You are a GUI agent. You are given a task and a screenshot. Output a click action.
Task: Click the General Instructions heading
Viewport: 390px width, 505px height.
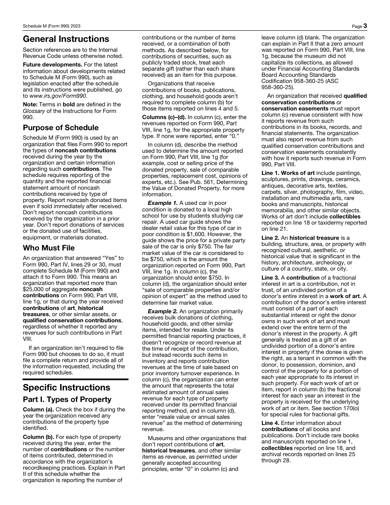(66, 39)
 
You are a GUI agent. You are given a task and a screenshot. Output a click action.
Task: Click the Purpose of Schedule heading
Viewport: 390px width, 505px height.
(61, 127)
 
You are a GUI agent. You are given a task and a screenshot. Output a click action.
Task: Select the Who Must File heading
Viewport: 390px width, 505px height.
(49, 248)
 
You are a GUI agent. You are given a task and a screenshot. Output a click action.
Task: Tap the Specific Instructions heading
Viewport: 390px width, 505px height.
(67, 388)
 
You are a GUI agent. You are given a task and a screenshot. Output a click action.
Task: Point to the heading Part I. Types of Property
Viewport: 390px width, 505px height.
(67, 399)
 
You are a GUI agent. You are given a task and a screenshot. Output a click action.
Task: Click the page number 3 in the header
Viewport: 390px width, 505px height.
(365, 26)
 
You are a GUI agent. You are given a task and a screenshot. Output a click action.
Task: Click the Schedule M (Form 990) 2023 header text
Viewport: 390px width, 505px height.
(52, 26)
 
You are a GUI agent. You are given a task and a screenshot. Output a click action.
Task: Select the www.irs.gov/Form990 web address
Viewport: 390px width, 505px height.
(54, 96)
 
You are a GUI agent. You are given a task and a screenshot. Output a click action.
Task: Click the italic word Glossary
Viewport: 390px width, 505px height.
(34, 110)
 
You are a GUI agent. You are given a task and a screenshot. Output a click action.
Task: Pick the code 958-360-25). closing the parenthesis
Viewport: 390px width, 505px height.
(278, 87)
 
